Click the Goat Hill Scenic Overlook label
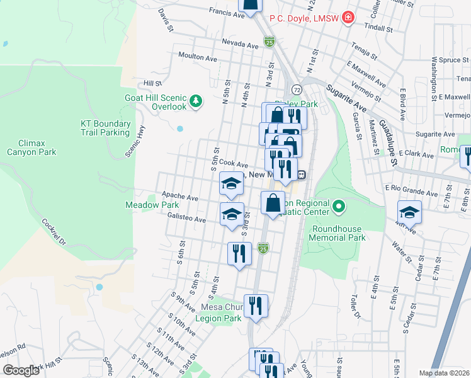(x=161, y=102)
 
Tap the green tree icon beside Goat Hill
(x=196, y=100)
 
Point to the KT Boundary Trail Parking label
(x=106, y=128)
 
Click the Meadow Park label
(x=152, y=205)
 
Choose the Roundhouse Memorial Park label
(x=338, y=233)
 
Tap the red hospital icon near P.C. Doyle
(x=348, y=18)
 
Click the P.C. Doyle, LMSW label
(x=304, y=18)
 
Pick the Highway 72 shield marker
(x=296, y=89)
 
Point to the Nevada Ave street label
(x=240, y=45)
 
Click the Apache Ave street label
(x=180, y=197)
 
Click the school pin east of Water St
(x=409, y=212)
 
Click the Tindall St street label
(x=380, y=29)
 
